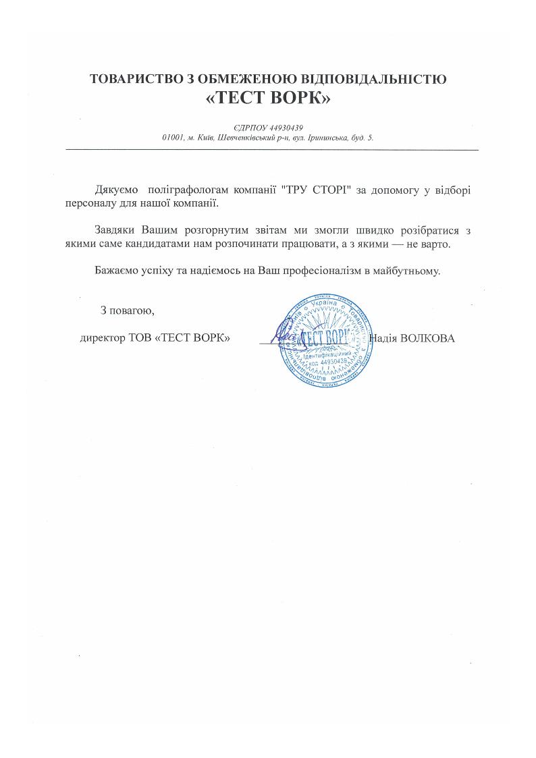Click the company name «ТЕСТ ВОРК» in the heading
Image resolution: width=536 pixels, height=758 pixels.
pyautogui.click(x=268, y=99)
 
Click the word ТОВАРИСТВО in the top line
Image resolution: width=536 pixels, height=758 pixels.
pyautogui.click(x=136, y=79)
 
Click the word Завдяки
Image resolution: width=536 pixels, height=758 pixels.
pyautogui.click(x=117, y=231)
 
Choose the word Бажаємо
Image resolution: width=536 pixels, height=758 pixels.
pyautogui.click(x=118, y=271)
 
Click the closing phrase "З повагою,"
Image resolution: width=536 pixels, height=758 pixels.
pyautogui.click(x=128, y=310)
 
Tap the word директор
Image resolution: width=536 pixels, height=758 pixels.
pyautogui.click(x=102, y=337)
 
